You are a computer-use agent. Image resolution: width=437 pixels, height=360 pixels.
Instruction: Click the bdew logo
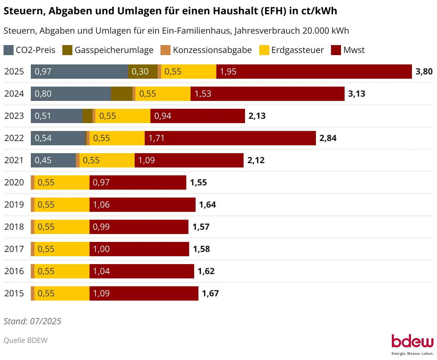pos(412,344)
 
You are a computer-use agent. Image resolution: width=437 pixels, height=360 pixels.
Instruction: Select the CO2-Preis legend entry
pos(30,50)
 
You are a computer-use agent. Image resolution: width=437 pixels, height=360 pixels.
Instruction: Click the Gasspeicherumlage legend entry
pos(108,50)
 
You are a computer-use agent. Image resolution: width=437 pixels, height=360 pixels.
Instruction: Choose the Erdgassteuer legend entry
pos(292,50)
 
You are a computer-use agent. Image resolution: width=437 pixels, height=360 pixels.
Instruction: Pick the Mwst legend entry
pos(348,50)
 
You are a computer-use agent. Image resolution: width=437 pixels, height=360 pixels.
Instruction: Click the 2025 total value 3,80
pos(424,72)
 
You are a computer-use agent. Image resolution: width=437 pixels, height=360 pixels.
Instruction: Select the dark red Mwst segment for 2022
pos(230,138)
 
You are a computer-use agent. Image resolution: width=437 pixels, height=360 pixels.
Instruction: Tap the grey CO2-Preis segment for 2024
pos(71,94)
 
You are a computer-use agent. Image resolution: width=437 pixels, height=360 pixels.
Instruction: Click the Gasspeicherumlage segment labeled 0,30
pos(143,72)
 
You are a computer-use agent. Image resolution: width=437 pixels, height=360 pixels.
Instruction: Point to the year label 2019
pos(14,205)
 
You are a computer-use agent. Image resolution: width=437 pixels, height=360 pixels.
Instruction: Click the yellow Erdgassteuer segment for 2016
pos(62,271)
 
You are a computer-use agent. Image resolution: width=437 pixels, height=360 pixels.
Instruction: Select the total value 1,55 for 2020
pos(198,183)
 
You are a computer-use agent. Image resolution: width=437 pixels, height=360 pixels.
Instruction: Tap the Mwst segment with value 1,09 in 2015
pos(144,293)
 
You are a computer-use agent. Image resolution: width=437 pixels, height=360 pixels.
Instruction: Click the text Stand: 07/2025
pos(32,321)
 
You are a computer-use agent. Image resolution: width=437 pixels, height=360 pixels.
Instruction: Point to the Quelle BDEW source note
pos(25,340)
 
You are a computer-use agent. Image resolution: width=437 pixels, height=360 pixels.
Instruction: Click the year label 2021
pos(14,160)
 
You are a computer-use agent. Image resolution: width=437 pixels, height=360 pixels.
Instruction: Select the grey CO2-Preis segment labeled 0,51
pos(57,116)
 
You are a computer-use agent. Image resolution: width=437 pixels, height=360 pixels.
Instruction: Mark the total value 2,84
pos(328,138)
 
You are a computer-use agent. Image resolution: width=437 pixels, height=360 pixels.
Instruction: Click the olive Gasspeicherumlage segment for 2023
pos(87,116)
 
